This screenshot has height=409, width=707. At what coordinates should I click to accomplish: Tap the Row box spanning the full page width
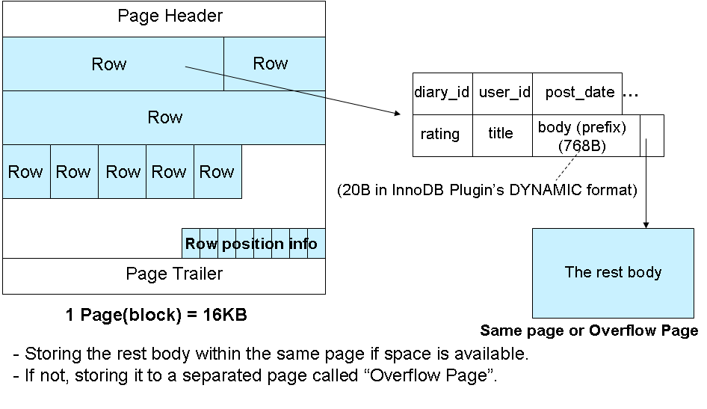[x=164, y=117]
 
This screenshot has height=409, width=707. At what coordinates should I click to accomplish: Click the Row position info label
[x=251, y=244]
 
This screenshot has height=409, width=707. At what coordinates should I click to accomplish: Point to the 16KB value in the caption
[x=222, y=316]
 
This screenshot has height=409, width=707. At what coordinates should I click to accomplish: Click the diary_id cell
[x=442, y=93]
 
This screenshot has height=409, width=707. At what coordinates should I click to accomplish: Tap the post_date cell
[x=579, y=93]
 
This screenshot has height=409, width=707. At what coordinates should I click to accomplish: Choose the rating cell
[x=440, y=134]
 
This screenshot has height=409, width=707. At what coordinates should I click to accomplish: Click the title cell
[x=501, y=134]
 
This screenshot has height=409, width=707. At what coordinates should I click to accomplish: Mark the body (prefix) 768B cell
[x=581, y=135]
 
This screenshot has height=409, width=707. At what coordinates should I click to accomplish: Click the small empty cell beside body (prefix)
[x=652, y=135]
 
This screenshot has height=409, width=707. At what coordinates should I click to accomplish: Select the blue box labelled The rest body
[x=613, y=273]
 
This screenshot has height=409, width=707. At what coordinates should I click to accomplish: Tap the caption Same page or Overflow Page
[x=589, y=330]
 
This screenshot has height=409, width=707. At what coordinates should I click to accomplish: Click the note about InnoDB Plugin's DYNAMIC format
[x=487, y=191]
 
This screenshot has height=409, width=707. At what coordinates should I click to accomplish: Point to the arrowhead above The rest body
[x=646, y=224]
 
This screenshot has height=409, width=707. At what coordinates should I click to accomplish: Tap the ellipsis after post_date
[x=631, y=94]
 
